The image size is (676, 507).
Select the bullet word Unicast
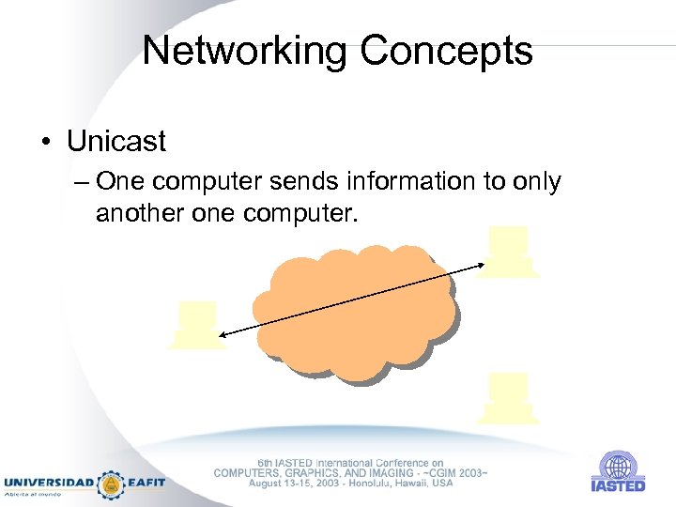pos(115,142)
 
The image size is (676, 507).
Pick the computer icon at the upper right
pos(508,252)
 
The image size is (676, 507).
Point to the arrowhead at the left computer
pos(221,334)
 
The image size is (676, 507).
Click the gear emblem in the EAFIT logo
pos(112,484)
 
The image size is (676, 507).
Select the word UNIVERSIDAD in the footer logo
pos(49,483)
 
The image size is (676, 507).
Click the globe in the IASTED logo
pos(618,466)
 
